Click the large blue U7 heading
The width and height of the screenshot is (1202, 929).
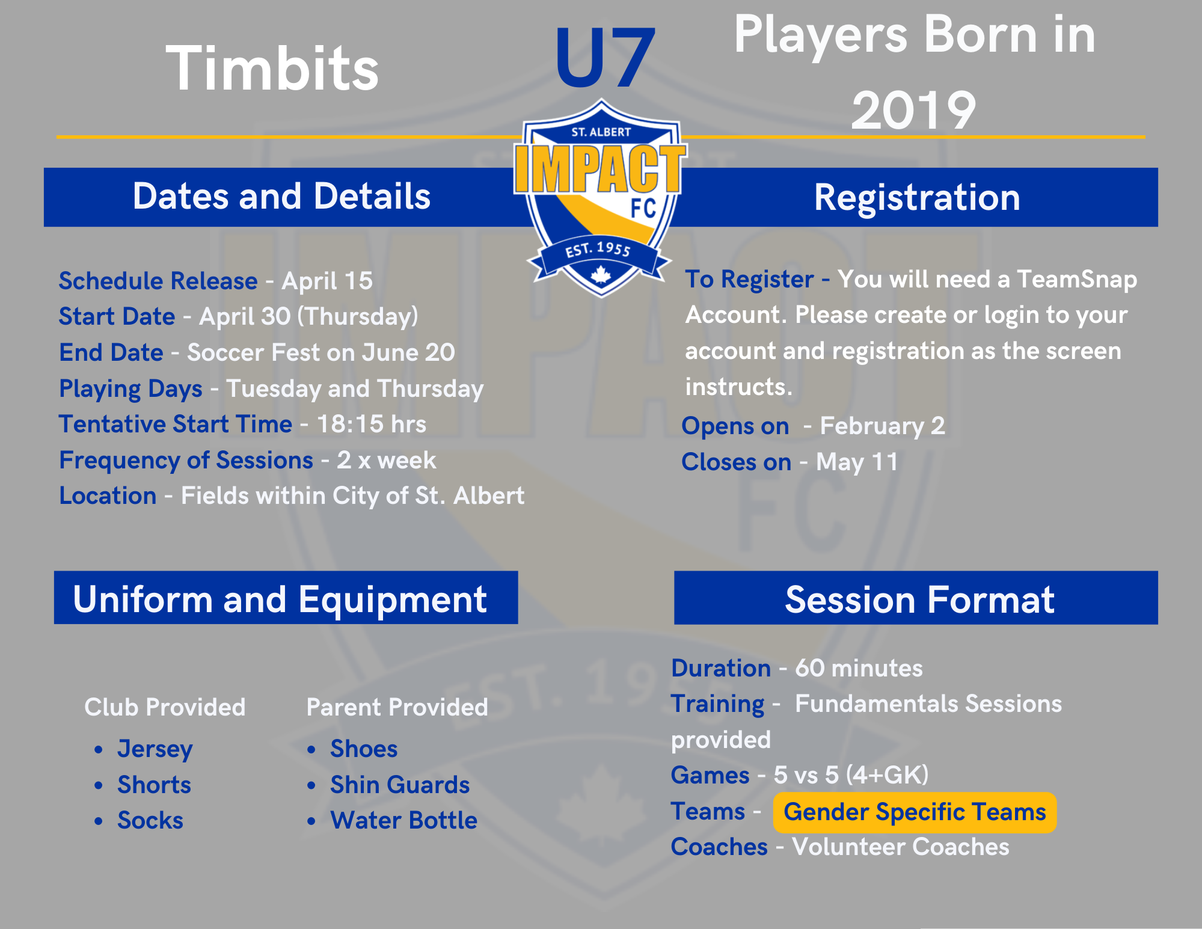604,58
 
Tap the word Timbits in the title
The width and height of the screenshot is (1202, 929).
272,69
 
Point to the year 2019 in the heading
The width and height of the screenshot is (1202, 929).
913,109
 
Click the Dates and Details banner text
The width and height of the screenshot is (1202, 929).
281,196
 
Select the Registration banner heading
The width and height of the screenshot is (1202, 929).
917,197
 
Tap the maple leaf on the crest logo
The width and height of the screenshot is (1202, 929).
601,274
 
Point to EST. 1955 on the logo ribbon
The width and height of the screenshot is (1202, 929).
598,249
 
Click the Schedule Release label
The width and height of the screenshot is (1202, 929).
158,281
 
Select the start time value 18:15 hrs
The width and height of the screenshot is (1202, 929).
372,424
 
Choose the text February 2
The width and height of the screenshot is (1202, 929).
883,426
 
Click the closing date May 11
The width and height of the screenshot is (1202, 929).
857,462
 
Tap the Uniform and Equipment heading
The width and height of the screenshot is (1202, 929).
280,599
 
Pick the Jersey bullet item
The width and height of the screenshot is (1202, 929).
155,749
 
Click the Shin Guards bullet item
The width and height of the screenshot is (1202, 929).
400,785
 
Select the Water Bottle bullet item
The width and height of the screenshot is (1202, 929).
404,820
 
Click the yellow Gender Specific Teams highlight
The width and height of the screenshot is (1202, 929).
915,812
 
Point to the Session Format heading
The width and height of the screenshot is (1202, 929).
920,599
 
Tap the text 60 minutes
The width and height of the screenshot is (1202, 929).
859,668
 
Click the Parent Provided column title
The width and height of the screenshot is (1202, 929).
397,707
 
